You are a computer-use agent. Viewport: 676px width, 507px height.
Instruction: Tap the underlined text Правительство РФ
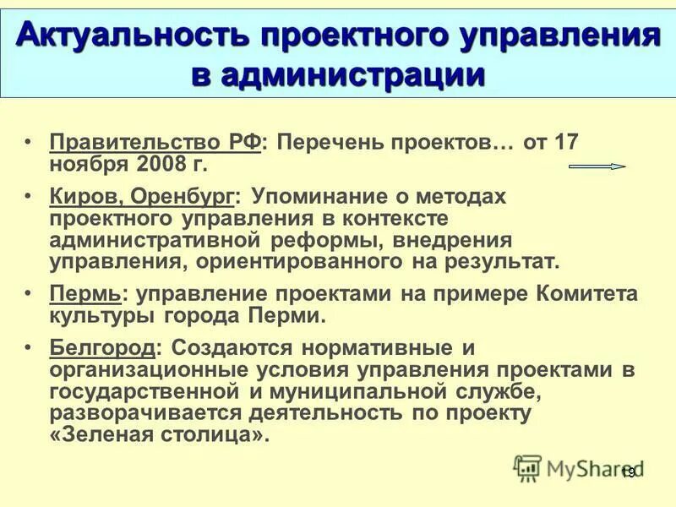point(155,141)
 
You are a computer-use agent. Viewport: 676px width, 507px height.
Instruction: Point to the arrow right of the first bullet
point(597,166)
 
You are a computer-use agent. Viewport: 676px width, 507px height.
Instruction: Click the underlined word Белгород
point(102,347)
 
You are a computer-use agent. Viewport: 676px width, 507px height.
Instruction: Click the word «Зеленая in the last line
point(101,435)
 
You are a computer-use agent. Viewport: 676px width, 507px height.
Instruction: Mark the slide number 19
point(628,474)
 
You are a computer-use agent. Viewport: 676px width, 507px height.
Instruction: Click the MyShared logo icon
point(527,466)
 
